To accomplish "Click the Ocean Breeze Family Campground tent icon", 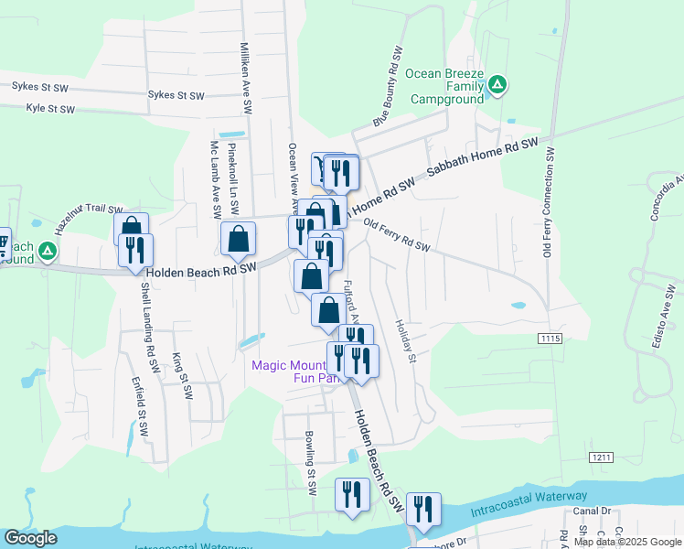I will pos(497,86).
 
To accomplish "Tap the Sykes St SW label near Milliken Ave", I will pos(176,95).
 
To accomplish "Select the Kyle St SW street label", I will pos(50,108).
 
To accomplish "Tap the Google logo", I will pos(30,539).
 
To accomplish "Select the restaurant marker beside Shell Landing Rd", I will pos(135,249).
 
